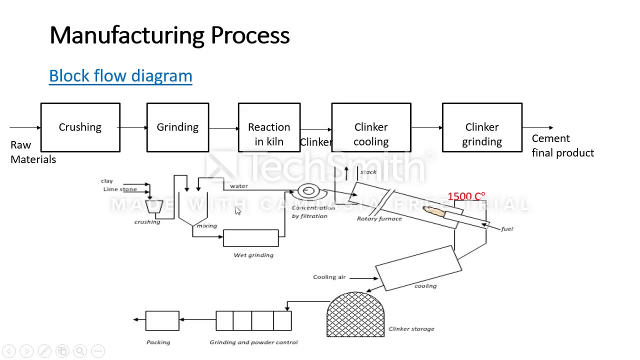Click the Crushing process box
[x=80, y=127]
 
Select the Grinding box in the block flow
[x=177, y=127]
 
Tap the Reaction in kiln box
[x=269, y=127]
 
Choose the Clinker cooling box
[x=371, y=127]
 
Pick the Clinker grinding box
[x=482, y=127]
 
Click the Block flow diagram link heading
[x=120, y=76]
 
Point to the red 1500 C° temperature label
[x=466, y=196]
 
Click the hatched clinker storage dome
[x=355, y=314]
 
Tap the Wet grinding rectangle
[x=250, y=238]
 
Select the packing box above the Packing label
[x=162, y=320]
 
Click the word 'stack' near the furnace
[x=368, y=172]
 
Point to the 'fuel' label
[x=507, y=229]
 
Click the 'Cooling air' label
[x=329, y=277]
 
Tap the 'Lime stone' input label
[x=120, y=189]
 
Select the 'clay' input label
[x=107, y=181]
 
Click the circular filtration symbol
[x=308, y=191]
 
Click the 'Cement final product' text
[x=562, y=145]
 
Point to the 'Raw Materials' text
[x=33, y=152]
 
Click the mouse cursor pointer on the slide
[x=238, y=211]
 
